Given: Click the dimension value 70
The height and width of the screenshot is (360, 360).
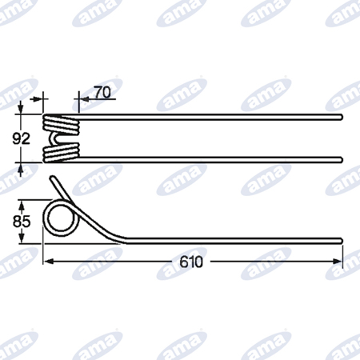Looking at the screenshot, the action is pyautogui.click(x=102, y=92).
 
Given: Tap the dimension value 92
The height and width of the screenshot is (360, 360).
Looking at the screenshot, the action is pyautogui.click(x=22, y=138).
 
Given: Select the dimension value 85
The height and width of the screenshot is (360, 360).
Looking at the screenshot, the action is pyautogui.click(x=22, y=222).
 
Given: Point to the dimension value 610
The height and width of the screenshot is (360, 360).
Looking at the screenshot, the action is pyautogui.click(x=191, y=262).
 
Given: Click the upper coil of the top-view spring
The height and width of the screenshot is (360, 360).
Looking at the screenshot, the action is pyautogui.click(x=62, y=124).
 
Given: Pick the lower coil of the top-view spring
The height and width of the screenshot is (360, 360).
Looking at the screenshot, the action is pyautogui.click(x=62, y=153).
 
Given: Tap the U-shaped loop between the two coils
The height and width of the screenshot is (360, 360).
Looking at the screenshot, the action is pyautogui.click(x=54, y=139).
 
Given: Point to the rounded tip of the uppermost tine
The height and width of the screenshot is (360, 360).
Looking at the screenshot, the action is pyautogui.click(x=341, y=117).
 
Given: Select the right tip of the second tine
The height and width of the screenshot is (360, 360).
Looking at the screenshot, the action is pyautogui.click(x=341, y=160).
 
